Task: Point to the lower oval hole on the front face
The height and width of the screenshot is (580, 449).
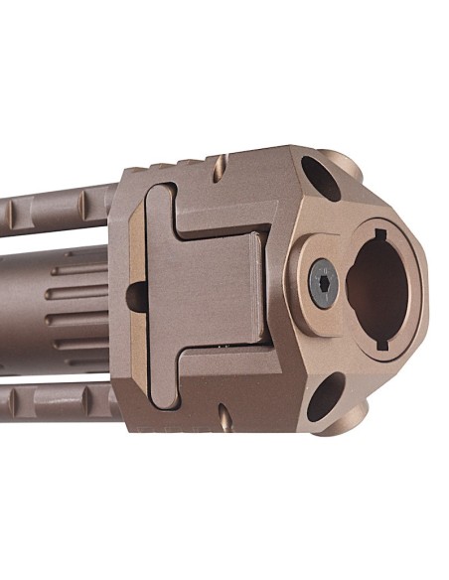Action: pyautogui.click(x=324, y=402)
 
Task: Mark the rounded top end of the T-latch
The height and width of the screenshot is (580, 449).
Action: pyautogui.click(x=160, y=203)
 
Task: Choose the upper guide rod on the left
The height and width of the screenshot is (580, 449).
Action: pyautogui.click(x=55, y=208)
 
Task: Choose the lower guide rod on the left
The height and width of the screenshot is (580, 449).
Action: pyautogui.click(x=55, y=403)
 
